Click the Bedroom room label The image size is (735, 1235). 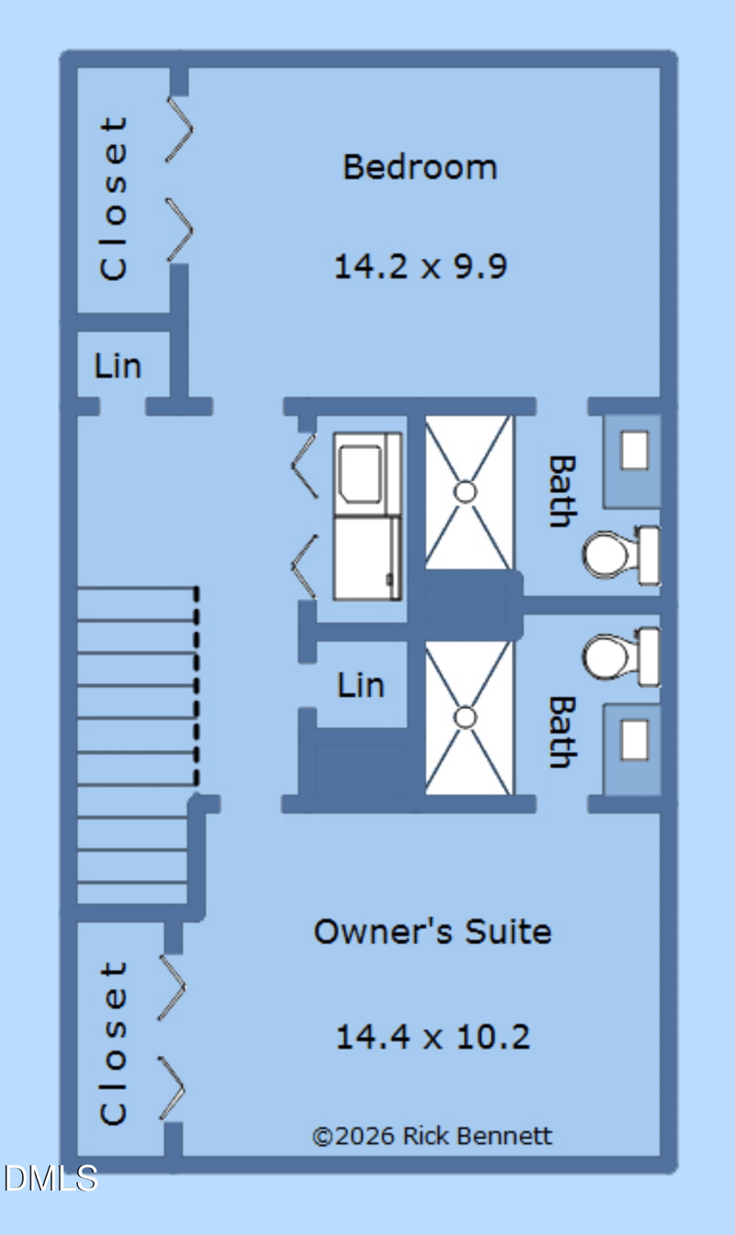(420, 167)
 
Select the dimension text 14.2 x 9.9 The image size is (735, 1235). (421, 266)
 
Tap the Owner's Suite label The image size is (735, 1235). (433, 932)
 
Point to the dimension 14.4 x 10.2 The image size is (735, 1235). (433, 1037)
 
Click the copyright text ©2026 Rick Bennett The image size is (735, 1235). (432, 1137)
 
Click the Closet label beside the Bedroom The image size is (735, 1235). (114, 198)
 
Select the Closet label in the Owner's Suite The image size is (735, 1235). (114, 1043)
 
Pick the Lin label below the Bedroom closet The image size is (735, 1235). (118, 365)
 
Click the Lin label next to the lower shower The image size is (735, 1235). (361, 685)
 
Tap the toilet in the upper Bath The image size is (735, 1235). (621, 555)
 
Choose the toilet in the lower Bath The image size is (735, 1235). (621, 657)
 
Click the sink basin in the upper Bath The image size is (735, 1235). (635, 451)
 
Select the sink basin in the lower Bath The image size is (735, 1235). (635, 740)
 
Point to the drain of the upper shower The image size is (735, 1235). (465, 492)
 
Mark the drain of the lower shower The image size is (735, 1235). (465, 718)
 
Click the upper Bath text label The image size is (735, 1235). (562, 491)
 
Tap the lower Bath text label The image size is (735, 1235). (562, 732)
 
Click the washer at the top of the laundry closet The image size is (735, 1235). (367, 474)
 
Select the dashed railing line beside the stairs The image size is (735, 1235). (197, 686)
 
